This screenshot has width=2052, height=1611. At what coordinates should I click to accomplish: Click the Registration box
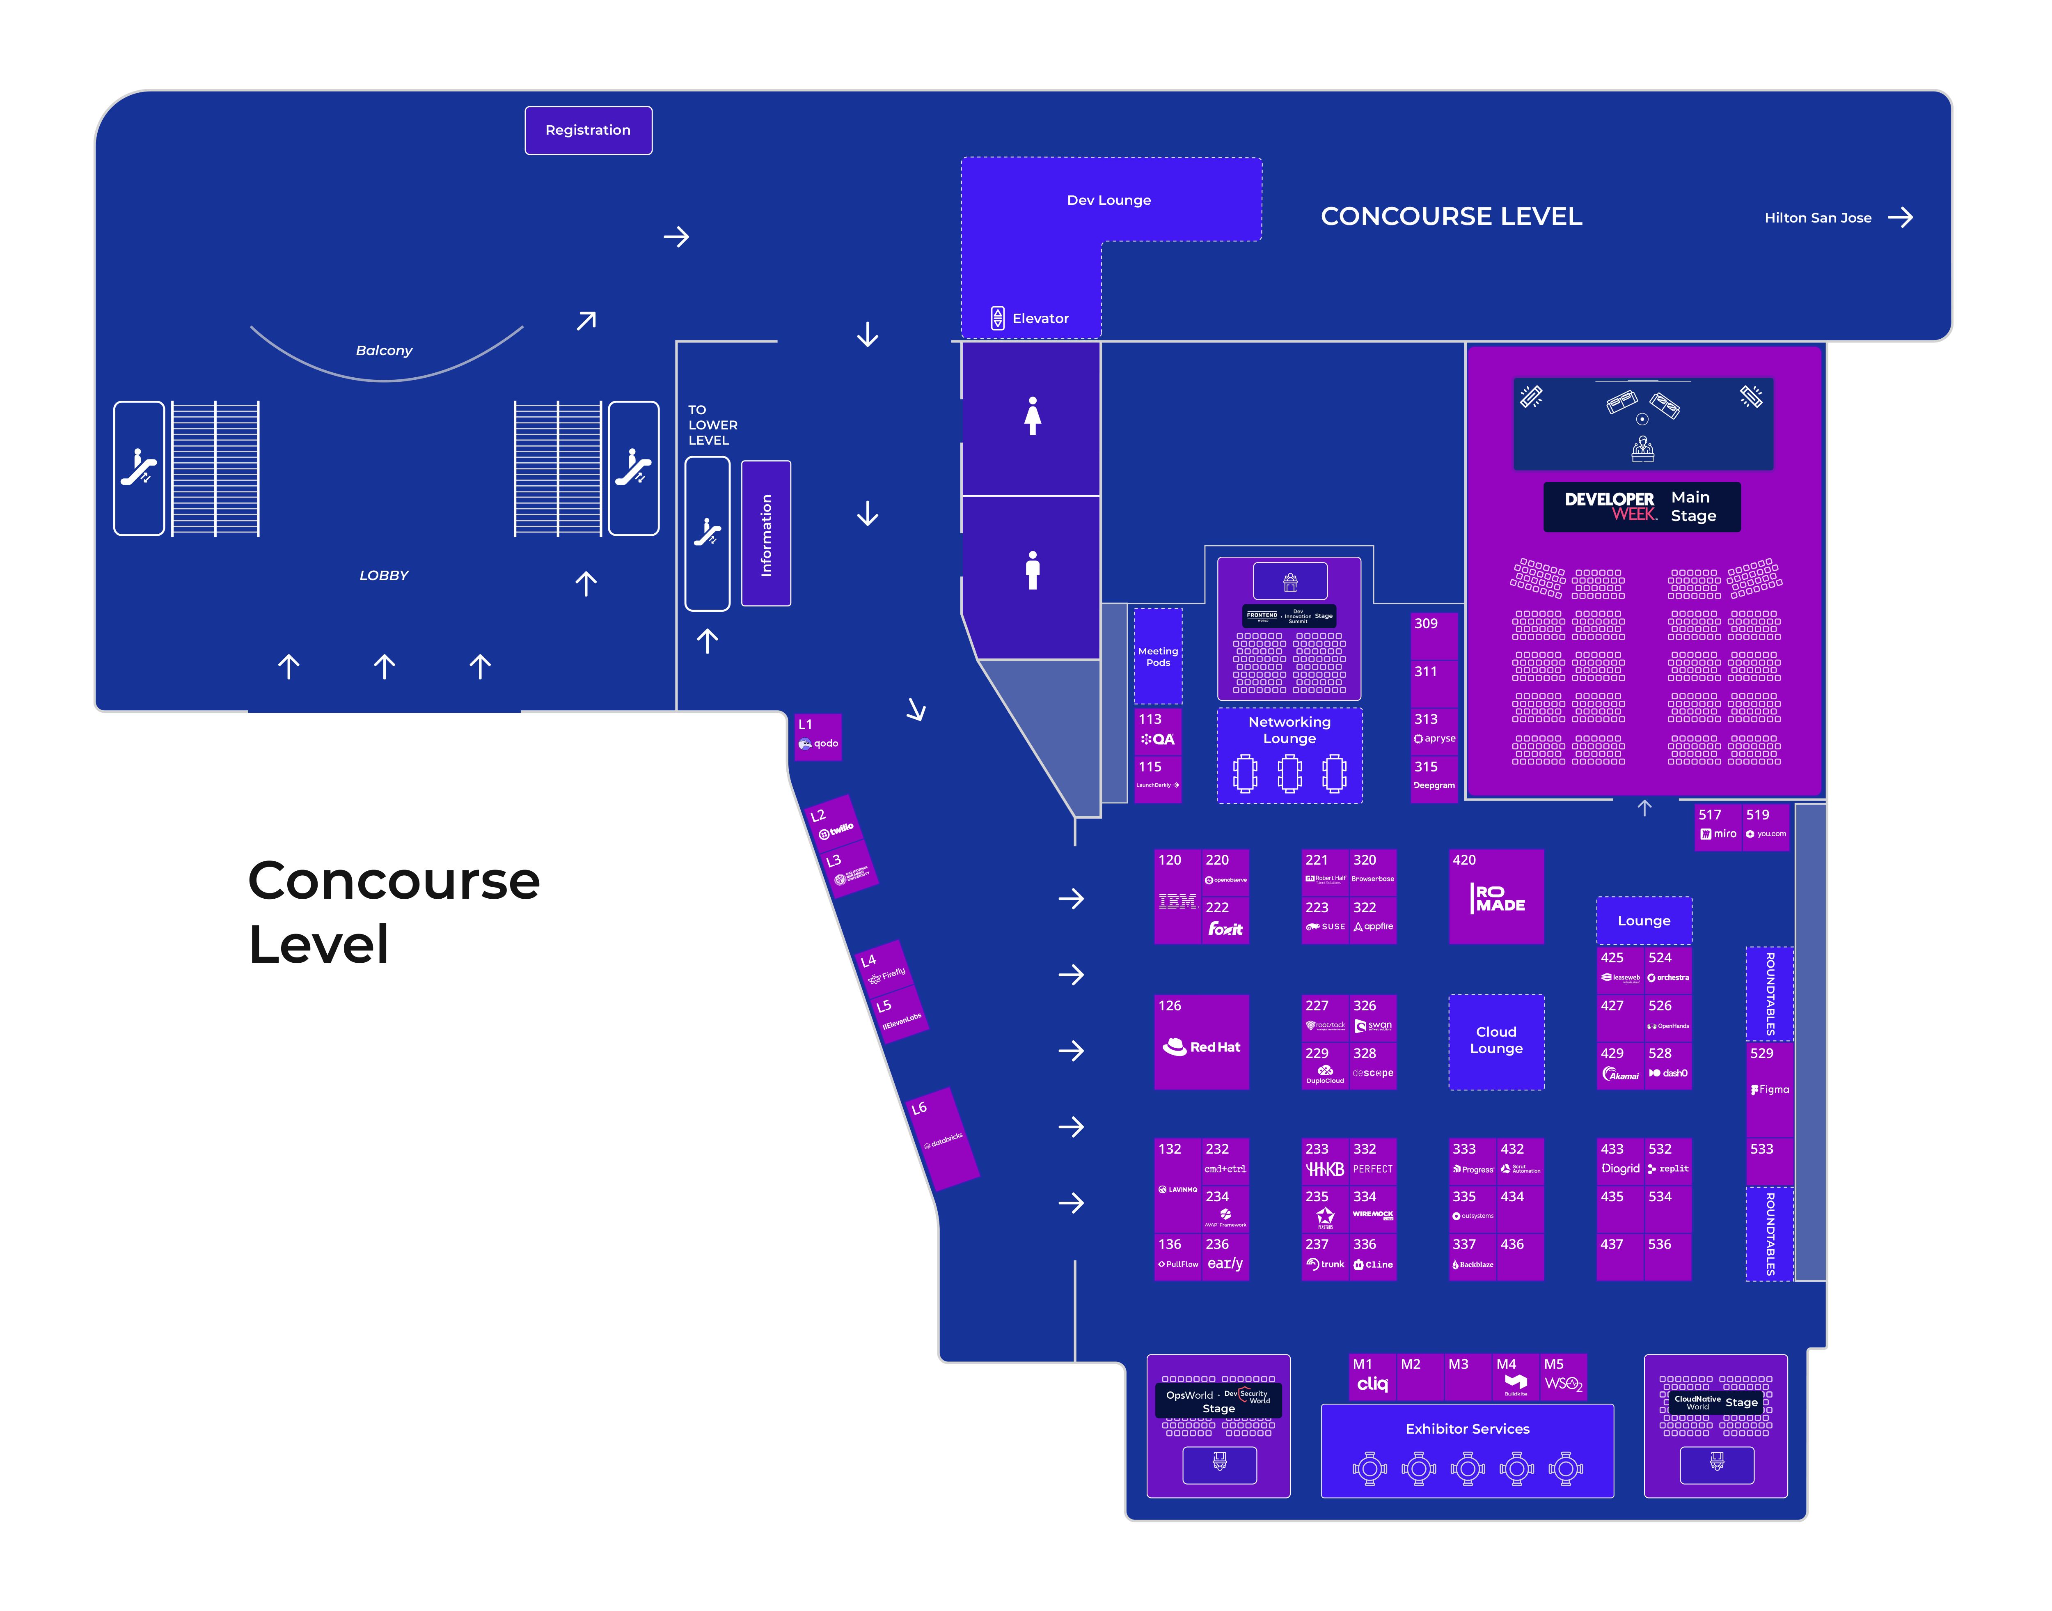(588, 130)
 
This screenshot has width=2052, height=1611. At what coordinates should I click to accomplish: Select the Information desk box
(766, 534)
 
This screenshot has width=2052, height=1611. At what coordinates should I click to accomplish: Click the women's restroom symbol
(1033, 416)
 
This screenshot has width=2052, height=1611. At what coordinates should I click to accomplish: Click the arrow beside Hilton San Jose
(1900, 218)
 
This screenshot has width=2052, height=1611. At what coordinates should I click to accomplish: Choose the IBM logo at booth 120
(1177, 902)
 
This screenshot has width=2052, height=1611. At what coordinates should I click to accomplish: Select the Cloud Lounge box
(1495, 1040)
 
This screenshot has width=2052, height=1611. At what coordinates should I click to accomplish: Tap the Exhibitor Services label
(1467, 1429)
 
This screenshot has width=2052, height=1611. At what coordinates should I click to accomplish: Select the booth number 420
(1464, 860)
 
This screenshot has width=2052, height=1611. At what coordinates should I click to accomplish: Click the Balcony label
(384, 350)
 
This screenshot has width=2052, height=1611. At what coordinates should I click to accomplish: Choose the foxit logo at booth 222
(1225, 929)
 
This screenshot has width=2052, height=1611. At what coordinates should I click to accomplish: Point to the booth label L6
(918, 1108)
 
